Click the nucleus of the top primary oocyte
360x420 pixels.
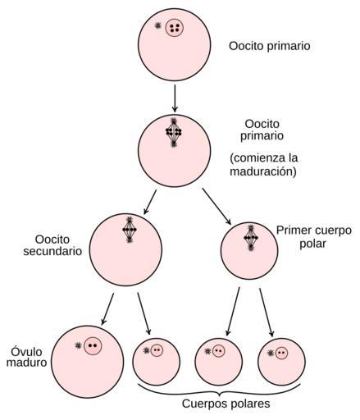(x=175, y=28)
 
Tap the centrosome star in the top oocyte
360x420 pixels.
(x=157, y=25)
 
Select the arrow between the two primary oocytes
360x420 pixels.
(x=175, y=98)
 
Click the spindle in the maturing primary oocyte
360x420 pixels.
(x=174, y=132)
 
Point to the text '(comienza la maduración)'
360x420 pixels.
(x=263, y=165)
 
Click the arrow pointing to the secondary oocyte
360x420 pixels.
(x=150, y=202)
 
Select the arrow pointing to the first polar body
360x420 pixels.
(x=216, y=207)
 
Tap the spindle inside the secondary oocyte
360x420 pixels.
(x=130, y=230)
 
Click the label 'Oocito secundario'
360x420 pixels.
(x=52, y=245)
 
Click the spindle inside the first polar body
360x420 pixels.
(x=251, y=238)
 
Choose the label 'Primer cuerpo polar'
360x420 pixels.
(x=314, y=237)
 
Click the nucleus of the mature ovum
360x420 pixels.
(x=93, y=345)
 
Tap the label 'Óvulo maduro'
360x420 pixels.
(x=26, y=357)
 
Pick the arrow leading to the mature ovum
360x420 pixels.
(x=107, y=309)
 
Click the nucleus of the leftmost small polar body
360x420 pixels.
(x=157, y=350)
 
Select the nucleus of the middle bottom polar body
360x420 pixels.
(x=218, y=351)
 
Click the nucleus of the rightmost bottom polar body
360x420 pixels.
(x=281, y=353)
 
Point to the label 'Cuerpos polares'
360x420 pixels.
(x=226, y=404)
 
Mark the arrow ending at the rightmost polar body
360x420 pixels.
(x=267, y=313)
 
